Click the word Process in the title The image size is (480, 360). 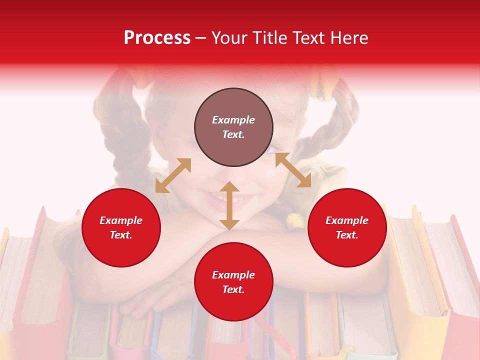pyautogui.click(x=157, y=38)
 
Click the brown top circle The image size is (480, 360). pyautogui.click(x=233, y=127)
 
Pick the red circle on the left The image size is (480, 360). pyautogui.click(x=121, y=227)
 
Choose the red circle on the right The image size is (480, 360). pyautogui.click(x=347, y=227)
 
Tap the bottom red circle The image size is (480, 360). pyautogui.click(x=233, y=282)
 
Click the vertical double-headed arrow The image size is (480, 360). pyautogui.click(x=229, y=205)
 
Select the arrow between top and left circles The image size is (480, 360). pyautogui.click(x=173, y=175)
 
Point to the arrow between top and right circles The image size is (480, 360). pyautogui.click(x=293, y=170)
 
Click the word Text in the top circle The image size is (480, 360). pyautogui.click(x=233, y=134)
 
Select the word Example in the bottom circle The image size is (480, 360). pyautogui.click(x=233, y=274)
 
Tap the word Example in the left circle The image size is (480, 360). pyautogui.click(x=121, y=220)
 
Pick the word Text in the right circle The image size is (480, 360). pyautogui.click(x=346, y=235)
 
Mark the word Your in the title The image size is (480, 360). pyautogui.click(x=230, y=38)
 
